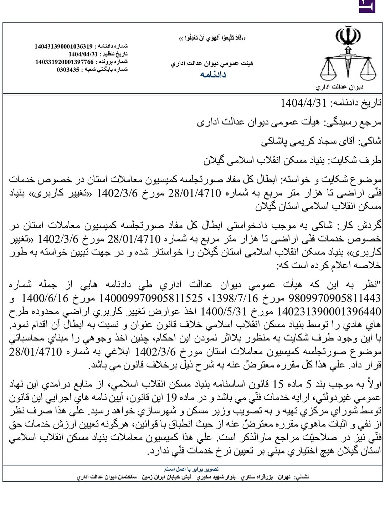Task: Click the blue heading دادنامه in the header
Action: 213,74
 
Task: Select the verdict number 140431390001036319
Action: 63,46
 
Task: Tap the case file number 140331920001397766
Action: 64,62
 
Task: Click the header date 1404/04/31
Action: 83,54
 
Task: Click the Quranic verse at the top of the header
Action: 212,38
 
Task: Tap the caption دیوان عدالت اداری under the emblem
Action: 339,87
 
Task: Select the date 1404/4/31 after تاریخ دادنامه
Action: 303,103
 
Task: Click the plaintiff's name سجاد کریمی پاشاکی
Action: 301,141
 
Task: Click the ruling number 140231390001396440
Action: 329,312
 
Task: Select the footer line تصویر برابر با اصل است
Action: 191,469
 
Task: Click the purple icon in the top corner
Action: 367,6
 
